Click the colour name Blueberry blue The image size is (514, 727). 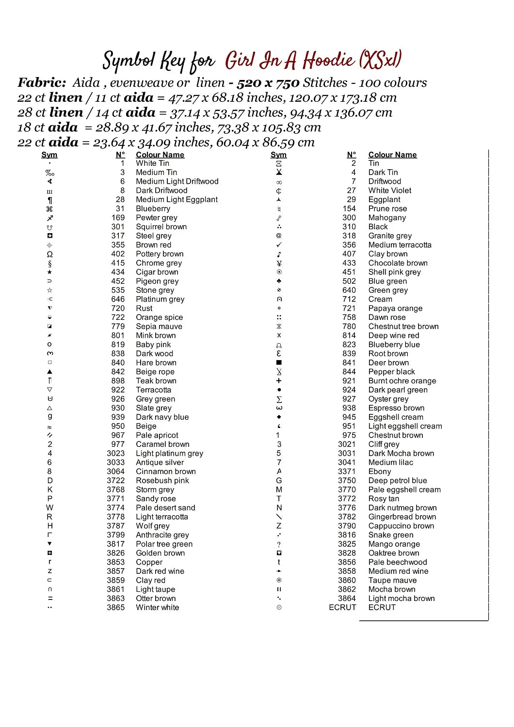point(394,345)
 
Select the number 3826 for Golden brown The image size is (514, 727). point(115,553)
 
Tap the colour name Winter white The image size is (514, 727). point(157,608)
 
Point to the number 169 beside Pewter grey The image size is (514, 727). point(118,218)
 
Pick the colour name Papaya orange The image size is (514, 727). point(395,308)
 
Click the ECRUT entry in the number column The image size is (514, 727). point(342,608)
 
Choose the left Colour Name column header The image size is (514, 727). point(160,155)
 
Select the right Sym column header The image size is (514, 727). point(278,155)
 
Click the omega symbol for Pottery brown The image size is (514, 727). point(49,254)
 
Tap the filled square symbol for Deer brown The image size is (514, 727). point(279,363)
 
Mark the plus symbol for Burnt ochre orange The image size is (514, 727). point(279,381)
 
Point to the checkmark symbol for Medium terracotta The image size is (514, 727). point(279,245)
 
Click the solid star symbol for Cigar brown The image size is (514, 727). point(49,272)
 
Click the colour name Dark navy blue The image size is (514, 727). point(162,417)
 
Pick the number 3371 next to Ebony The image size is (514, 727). point(347,472)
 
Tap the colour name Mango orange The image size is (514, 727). point(394,544)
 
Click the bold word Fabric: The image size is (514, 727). point(42,83)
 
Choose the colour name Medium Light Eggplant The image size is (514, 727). point(177,200)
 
